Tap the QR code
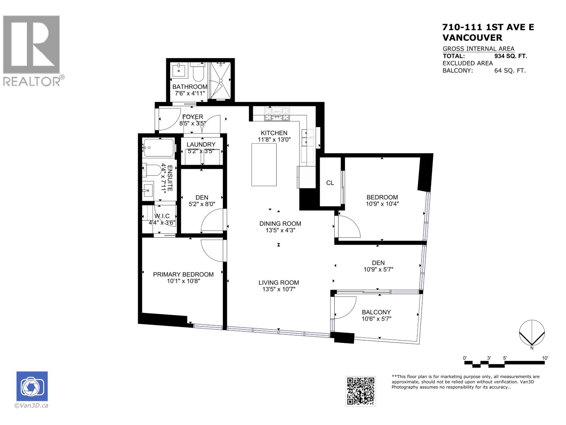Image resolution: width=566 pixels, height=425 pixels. point(360,391)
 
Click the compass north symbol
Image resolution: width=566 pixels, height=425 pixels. point(532,333)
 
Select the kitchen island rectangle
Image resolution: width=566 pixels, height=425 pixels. point(264,165)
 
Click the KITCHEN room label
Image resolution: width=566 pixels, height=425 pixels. point(274,133)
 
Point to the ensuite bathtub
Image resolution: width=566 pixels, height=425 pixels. point(158,148)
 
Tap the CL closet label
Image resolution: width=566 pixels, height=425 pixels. point(330,183)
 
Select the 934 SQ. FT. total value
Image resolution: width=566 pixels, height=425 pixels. point(510,56)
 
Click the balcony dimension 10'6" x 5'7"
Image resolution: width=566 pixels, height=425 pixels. point(376,319)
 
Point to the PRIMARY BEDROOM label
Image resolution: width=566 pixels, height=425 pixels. point(183,274)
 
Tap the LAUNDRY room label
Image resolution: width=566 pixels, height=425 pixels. point(201,144)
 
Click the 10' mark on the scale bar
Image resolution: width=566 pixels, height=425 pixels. point(545,358)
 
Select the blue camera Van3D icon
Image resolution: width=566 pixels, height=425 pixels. point(32,386)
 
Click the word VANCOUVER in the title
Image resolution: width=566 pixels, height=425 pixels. point(472,38)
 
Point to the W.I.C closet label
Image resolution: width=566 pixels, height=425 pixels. point(162,216)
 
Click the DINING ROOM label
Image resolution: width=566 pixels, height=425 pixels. point(280,223)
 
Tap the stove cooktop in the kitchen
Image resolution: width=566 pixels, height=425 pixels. point(277,113)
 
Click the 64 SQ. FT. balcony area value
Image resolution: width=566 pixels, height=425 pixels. point(510,70)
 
